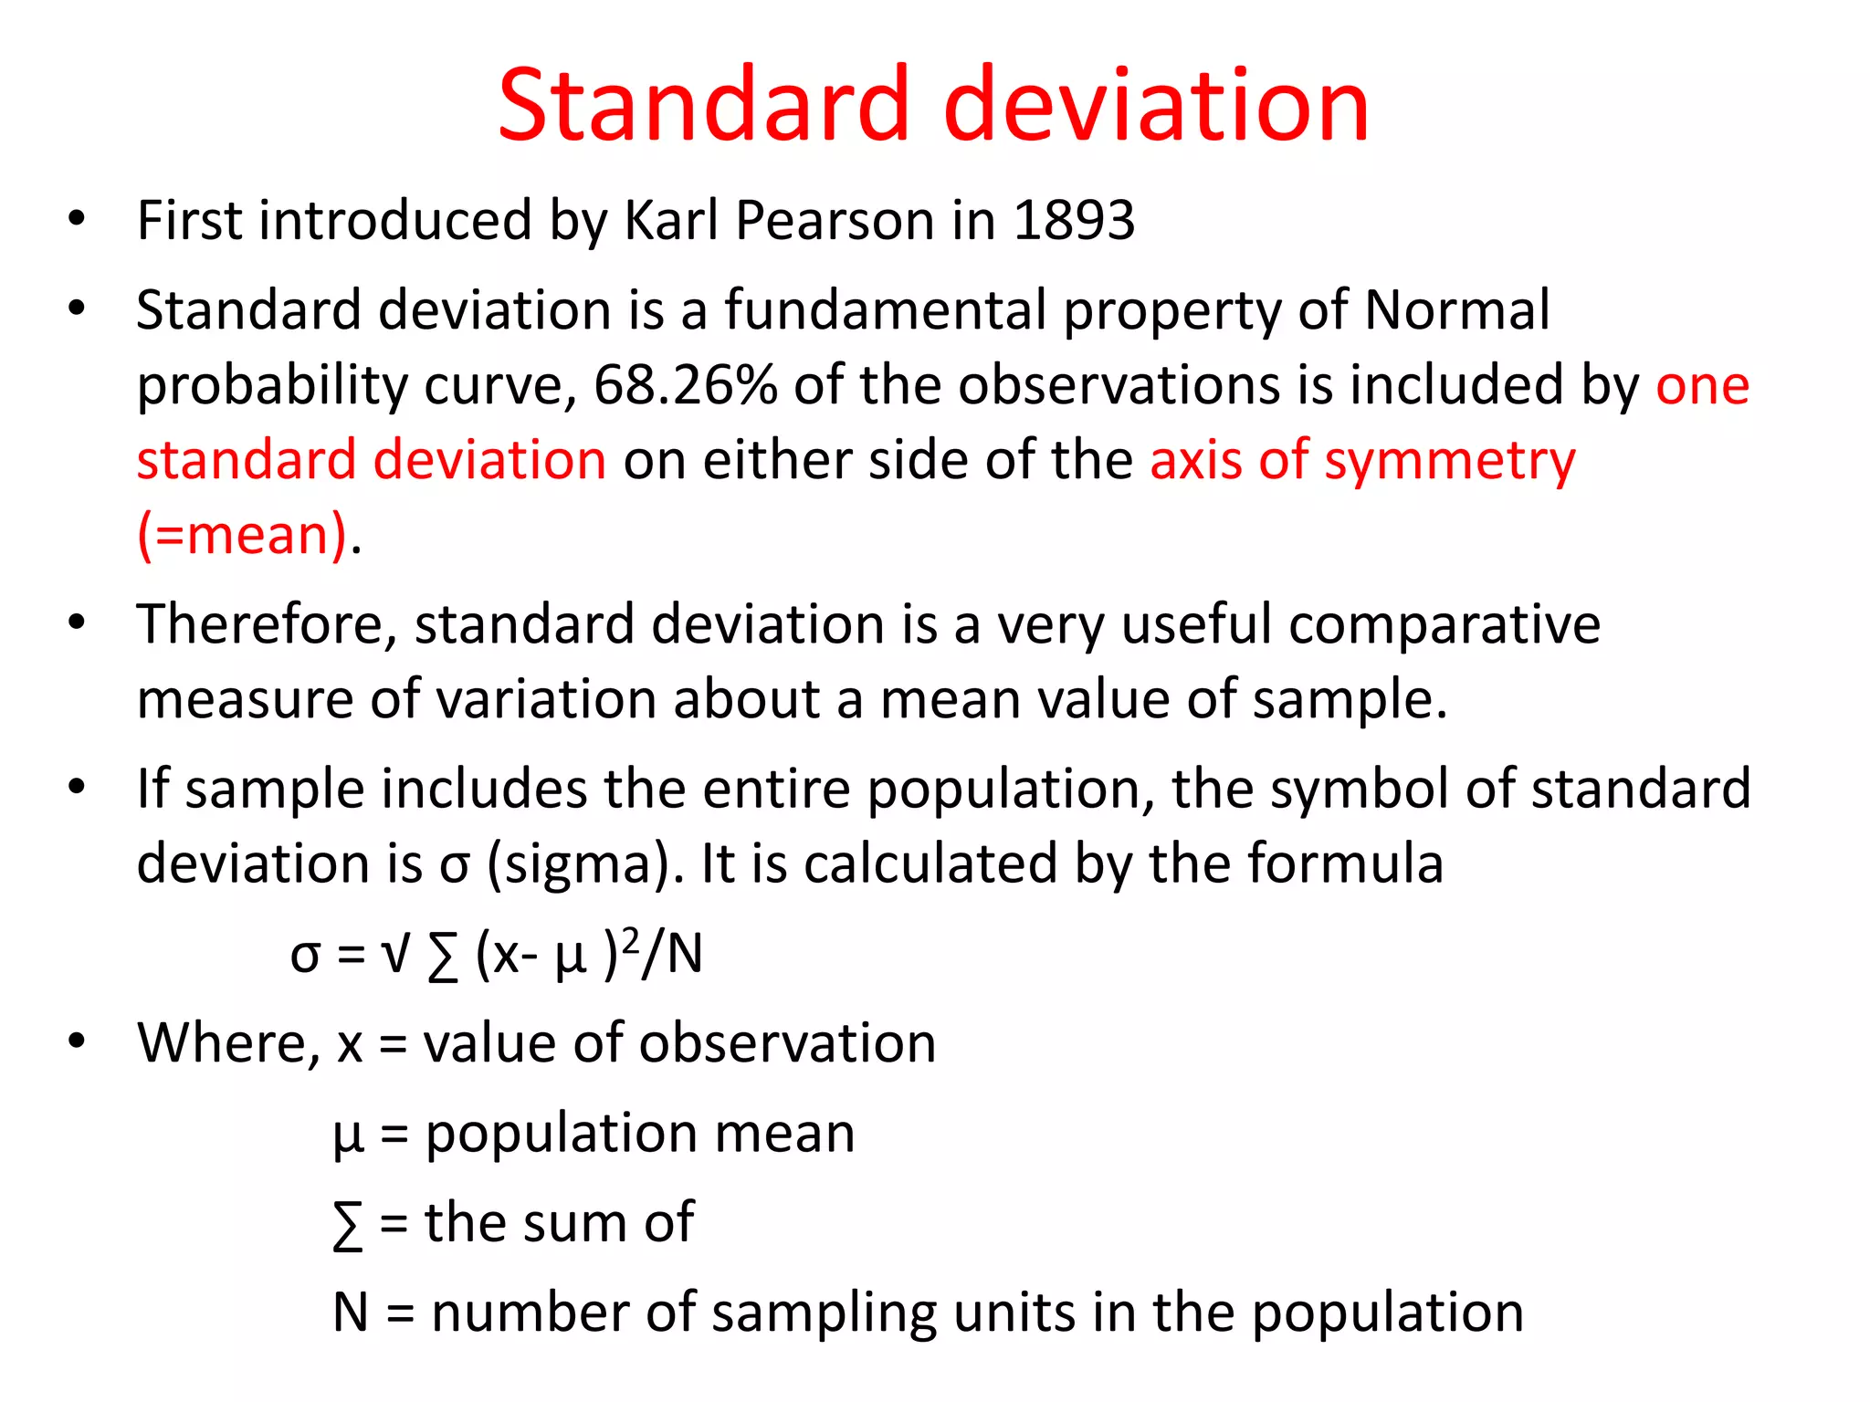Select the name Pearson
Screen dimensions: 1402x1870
(x=835, y=221)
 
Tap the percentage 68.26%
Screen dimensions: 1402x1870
(x=685, y=385)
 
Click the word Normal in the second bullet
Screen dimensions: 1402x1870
(x=1456, y=310)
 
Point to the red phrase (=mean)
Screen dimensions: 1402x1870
(x=243, y=535)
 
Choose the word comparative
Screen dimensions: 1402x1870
(x=1445, y=626)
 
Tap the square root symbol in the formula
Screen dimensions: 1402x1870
(x=395, y=955)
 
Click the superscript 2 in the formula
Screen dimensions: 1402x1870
(x=629, y=940)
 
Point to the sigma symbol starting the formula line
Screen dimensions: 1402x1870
(x=305, y=957)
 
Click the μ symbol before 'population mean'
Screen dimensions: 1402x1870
(x=348, y=1137)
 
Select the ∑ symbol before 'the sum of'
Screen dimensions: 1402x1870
(x=348, y=1225)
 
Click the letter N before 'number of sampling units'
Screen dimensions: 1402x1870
(x=351, y=1313)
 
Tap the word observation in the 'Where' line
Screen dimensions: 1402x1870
(x=787, y=1043)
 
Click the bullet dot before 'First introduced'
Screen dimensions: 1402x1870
(x=77, y=219)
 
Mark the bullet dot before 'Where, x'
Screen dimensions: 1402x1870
(x=77, y=1041)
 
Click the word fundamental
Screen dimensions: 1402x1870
(x=885, y=310)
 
